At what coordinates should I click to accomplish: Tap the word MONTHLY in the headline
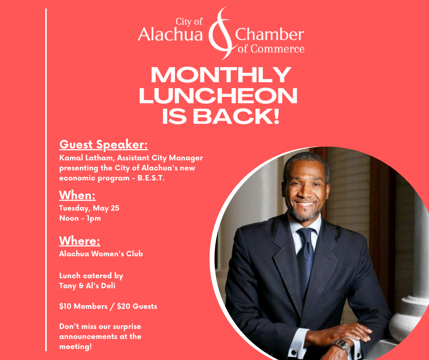221,75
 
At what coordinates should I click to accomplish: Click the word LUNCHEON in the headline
218,95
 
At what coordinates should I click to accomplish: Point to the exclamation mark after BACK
276,116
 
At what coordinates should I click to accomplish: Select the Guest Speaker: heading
104,145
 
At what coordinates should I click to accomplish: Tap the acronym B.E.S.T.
151,178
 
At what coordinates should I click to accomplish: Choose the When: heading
78,196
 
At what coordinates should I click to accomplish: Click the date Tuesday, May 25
89,208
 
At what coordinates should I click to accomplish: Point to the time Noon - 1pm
80,218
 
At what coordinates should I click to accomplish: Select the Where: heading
79,241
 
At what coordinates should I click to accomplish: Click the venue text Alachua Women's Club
101,254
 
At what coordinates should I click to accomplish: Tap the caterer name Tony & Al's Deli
87,286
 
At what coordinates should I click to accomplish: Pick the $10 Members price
83,306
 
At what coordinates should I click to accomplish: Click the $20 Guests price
137,306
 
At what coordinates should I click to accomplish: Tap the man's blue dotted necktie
306,258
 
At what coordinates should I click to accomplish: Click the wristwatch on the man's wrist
342,345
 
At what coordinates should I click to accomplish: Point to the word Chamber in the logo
269,35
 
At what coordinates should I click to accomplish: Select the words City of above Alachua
189,21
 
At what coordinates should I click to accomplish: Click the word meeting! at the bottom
75,347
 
